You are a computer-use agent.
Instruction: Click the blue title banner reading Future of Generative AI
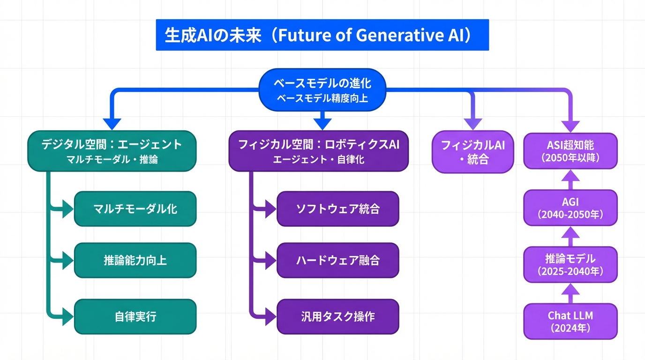pyautogui.click(x=322, y=35)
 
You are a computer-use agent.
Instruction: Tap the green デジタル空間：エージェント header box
pyautogui.click(x=112, y=150)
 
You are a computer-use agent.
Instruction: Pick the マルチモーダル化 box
pyautogui.click(x=135, y=209)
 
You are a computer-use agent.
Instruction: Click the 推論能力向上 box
pyautogui.click(x=135, y=260)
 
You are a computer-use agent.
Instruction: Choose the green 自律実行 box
pyautogui.click(x=135, y=316)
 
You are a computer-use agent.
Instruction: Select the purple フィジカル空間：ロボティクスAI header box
pyautogui.click(x=319, y=150)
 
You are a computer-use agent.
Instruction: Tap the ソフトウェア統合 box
pyautogui.click(x=337, y=209)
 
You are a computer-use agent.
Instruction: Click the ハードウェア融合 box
pyautogui.click(x=337, y=260)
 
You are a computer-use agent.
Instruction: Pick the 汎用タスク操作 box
pyautogui.click(x=337, y=316)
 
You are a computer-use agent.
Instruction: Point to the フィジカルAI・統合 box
pyautogui.click(x=473, y=151)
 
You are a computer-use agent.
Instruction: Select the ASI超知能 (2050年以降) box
pyautogui.click(x=570, y=150)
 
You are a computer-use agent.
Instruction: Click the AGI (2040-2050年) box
pyautogui.click(x=570, y=208)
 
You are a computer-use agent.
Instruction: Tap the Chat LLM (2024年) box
pyautogui.click(x=570, y=321)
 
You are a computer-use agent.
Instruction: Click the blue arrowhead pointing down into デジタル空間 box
pyautogui.click(x=112, y=123)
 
